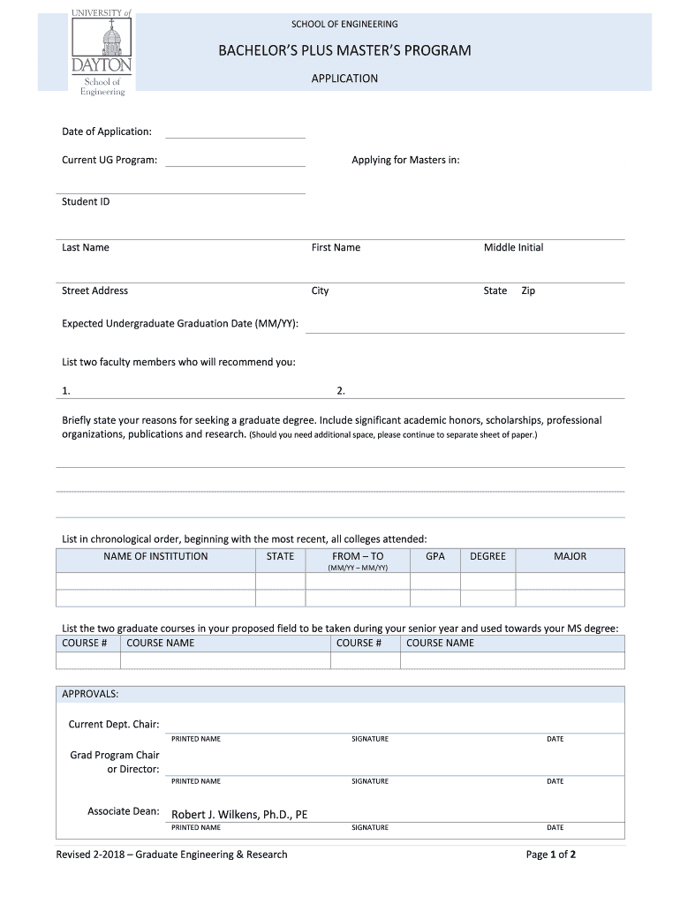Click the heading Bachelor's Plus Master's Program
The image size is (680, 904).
(x=344, y=50)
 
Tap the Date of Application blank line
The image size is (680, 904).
(x=235, y=132)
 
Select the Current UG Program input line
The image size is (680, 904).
(x=235, y=161)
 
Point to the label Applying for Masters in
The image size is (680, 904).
(x=405, y=160)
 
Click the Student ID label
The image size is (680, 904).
(x=86, y=201)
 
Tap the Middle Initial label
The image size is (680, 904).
(x=513, y=247)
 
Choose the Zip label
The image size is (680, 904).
(x=528, y=290)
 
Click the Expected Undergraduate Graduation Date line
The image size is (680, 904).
(x=465, y=327)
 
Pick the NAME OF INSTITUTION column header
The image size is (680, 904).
(x=155, y=556)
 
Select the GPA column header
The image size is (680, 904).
(x=435, y=556)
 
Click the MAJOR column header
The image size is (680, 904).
(x=570, y=556)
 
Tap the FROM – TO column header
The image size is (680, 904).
(x=358, y=556)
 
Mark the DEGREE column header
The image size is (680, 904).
(x=487, y=556)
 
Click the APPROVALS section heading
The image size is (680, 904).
(x=90, y=694)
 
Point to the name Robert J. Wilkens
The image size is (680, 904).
(x=239, y=814)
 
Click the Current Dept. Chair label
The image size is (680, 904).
(x=114, y=725)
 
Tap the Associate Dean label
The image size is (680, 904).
(x=124, y=811)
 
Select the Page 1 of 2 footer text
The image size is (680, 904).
(x=551, y=855)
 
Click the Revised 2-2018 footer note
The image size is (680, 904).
(x=172, y=855)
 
